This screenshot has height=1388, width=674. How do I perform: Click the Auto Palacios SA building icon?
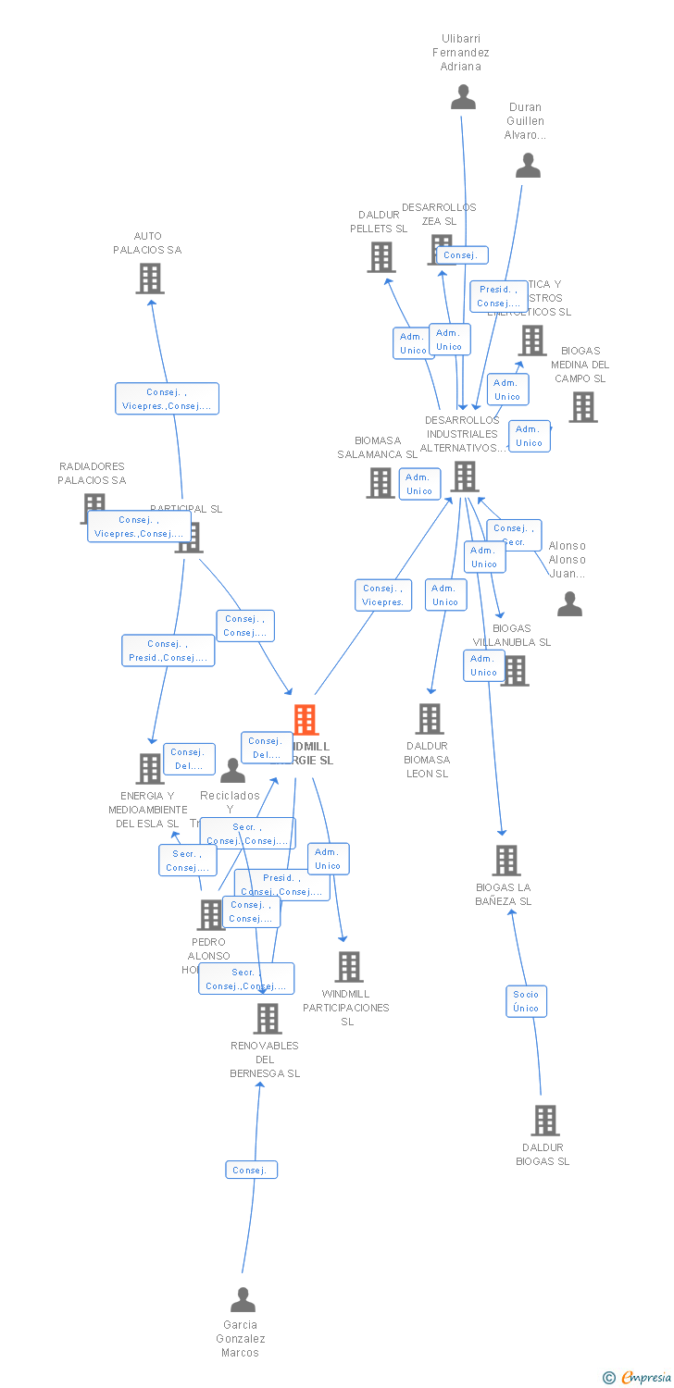point(150,278)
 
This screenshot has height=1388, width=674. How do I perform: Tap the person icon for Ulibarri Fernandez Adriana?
point(463,97)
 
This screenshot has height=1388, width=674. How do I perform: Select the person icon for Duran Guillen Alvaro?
point(528,166)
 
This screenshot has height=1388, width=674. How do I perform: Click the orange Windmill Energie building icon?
point(305,719)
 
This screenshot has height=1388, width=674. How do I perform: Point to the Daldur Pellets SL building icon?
point(381,256)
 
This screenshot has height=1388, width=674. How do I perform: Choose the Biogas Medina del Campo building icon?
point(582,406)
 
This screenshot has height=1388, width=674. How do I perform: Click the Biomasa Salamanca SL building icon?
point(380,482)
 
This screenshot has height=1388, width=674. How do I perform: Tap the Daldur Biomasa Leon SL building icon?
point(429,718)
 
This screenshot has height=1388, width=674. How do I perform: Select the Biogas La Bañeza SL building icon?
point(505,860)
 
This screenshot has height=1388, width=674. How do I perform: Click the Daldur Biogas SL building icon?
point(544,1120)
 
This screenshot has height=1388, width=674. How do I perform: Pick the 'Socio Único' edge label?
point(526,1001)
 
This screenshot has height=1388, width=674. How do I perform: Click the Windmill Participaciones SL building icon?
point(348,966)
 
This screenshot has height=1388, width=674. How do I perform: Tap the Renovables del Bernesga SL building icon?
point(267,1018)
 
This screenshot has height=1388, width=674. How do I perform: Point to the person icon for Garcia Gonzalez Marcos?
point(243,1300)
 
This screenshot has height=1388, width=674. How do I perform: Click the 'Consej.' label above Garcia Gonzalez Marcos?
point(251,1170)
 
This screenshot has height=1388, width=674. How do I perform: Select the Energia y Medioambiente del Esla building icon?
point(149,768)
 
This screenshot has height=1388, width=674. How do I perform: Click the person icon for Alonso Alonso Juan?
point(569,604)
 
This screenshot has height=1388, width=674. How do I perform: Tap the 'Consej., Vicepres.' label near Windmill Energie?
point(383,595)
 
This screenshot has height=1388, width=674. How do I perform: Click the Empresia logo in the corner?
point(639,1378)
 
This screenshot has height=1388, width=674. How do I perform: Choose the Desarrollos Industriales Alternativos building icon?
point(464,476)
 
